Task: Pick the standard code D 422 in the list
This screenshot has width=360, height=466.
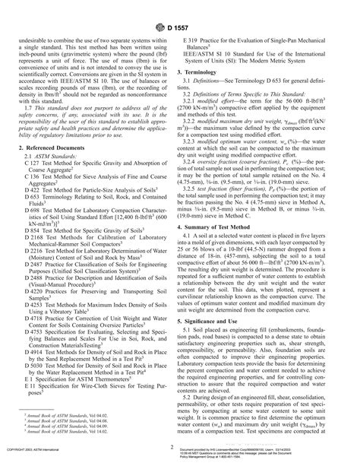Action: [x=33, y=188]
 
